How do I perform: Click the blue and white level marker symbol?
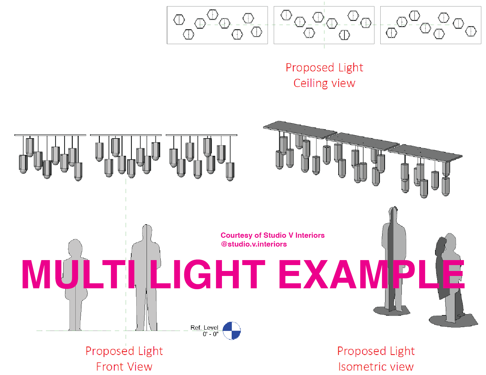pos(232,331)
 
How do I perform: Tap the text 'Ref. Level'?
pos(204,327)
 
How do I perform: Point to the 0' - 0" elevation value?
pos(210,334)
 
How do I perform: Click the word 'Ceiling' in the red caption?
pos(311,83)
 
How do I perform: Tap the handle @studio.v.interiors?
pos(254,244)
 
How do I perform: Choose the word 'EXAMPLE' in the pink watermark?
pos(371,275)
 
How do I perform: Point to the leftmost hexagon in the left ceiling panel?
pos(179,20)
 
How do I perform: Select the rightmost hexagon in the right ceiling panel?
pos(471,31)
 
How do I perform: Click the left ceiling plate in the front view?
pos(50,135)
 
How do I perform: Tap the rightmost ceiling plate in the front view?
pos(201,135)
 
